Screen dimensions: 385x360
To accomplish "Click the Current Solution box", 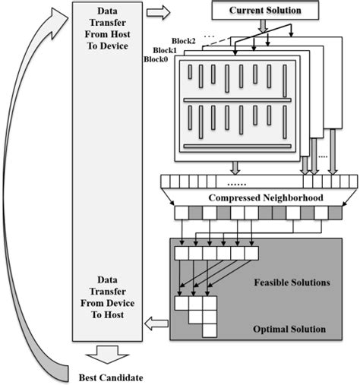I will [261, 11].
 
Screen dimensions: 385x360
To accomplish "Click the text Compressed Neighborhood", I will [261, 197].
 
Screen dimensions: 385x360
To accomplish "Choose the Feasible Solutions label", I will [292, 282].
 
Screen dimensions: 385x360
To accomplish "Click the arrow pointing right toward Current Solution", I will [159, 13].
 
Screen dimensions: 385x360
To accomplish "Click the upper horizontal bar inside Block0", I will [237, 99].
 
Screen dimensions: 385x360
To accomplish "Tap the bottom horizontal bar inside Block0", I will [237, 145].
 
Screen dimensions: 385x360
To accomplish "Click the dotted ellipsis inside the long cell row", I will [238, 184].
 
